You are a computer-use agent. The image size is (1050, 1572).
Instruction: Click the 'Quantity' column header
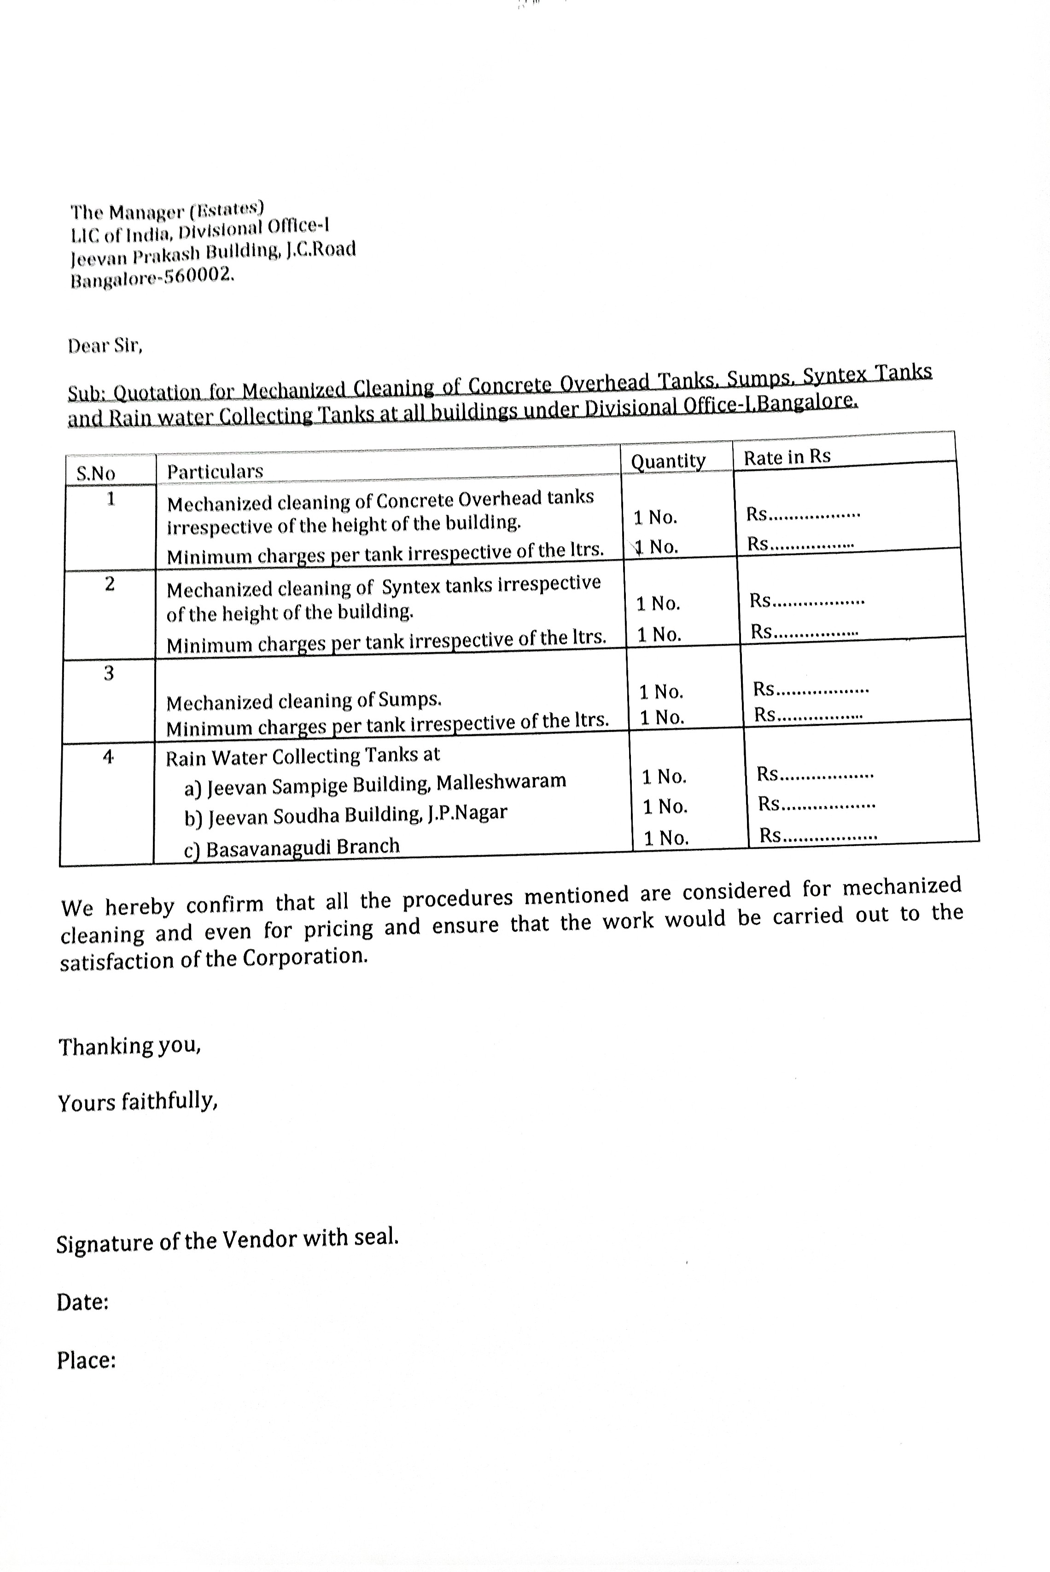click(x=668, y=461)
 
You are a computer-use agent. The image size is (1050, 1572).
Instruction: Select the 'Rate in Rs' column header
click(x=787, y=457)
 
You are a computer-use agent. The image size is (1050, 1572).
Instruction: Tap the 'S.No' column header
click(x=96, y=473)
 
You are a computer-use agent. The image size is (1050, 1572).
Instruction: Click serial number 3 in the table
click(x=109, y=673)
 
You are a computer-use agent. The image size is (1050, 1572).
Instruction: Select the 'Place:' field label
click(x=87, y=1360)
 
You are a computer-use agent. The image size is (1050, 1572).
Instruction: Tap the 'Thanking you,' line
click(x=129, y=1046)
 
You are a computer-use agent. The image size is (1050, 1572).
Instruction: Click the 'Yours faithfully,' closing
click(x=137, y=1102)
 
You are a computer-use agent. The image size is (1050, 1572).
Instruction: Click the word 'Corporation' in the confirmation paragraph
click(x=305, y=957)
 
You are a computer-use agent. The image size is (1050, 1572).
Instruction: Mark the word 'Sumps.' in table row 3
click(x=410, y=699)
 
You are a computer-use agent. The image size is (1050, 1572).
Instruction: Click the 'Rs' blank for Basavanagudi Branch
click(x=817, y=835)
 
